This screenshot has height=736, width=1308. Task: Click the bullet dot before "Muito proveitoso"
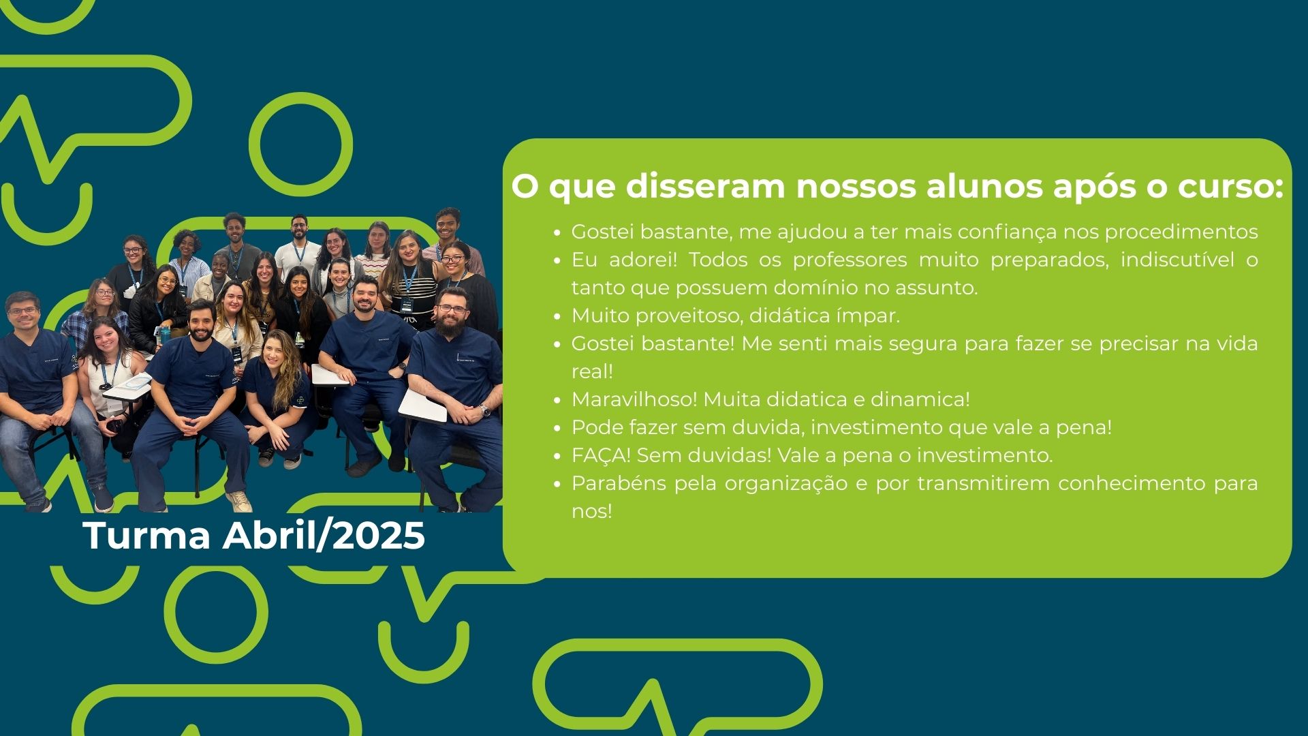[557, 317]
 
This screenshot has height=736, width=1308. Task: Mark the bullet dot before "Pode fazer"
[557, 429]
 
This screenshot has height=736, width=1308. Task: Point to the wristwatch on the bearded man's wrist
[484, 410]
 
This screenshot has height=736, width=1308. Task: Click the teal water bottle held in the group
[165, 335]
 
